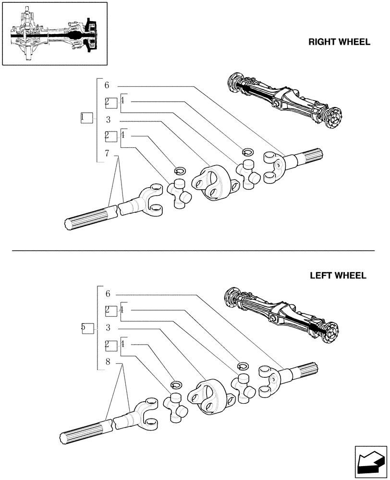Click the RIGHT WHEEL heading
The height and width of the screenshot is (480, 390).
tap(339, 42)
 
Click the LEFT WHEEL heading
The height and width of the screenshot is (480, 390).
tap(338, 276)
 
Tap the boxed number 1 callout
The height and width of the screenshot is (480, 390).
tap(85, 118)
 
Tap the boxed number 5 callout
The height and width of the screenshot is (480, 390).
tap(86, 328)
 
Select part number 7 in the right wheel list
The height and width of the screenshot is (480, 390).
tap(107, 154)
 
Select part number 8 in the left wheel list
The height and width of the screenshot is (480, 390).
tap(108, 362)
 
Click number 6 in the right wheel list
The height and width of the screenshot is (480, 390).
tap(107, 85)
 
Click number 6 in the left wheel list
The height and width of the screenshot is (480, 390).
tap(108, 294)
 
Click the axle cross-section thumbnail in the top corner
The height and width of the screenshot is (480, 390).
tap(54, 34)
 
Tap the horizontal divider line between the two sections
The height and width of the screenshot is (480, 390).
tap(192, 251)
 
